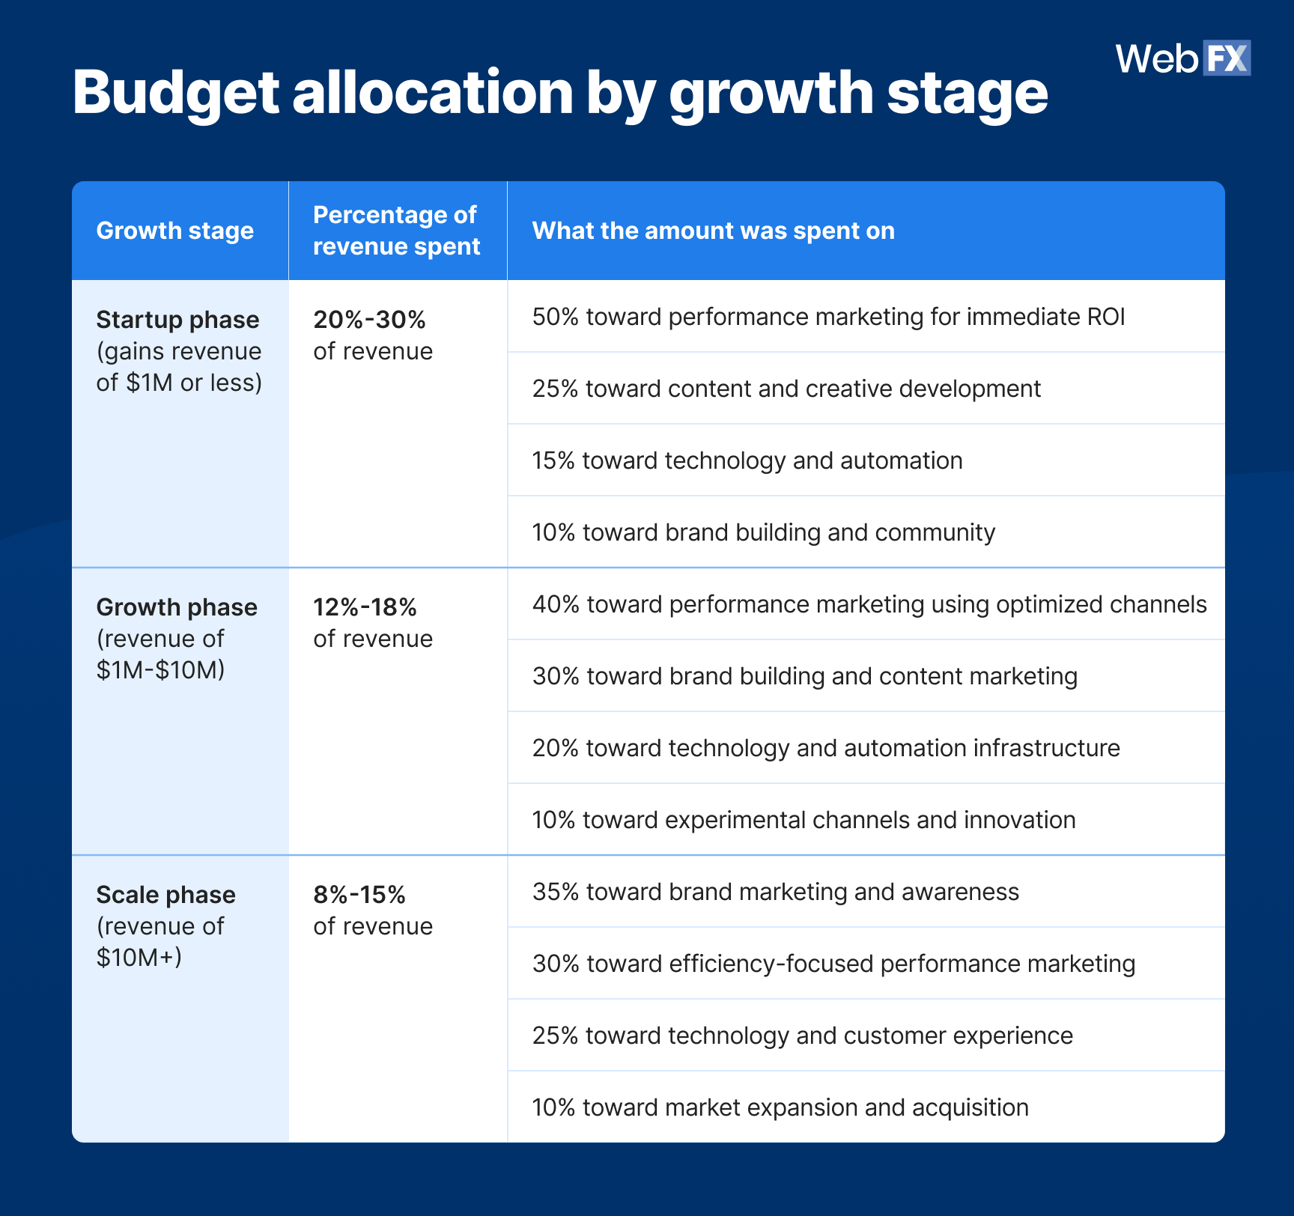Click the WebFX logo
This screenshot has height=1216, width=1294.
pos(1182,58)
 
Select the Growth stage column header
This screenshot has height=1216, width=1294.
pos(175,231)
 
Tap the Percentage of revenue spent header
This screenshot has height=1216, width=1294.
pos(396,231)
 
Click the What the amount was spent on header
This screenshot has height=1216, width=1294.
pos(713,231)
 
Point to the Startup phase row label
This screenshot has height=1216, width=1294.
pos(177,320)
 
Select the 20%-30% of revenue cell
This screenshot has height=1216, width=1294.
pos(373,335)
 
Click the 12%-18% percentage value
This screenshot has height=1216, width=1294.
pos(365,607)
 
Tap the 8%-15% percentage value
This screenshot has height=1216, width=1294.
pos(359,895)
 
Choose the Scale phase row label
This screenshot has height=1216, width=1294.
pos(165,895)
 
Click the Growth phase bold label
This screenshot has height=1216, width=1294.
pos(177,607)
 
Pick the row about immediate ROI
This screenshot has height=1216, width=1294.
pos(828,317)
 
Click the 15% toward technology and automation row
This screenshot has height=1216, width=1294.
pos(747,460)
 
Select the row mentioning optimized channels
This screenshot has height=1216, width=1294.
pos(869,604)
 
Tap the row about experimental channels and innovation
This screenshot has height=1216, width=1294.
pos(804,820)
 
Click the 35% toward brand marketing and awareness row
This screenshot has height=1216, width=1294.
pos(775,892)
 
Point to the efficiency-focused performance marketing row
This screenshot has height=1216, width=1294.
pos(833,964)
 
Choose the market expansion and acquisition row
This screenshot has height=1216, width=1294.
pos(780,1107)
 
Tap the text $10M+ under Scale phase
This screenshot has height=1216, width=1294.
pos(139,958)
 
